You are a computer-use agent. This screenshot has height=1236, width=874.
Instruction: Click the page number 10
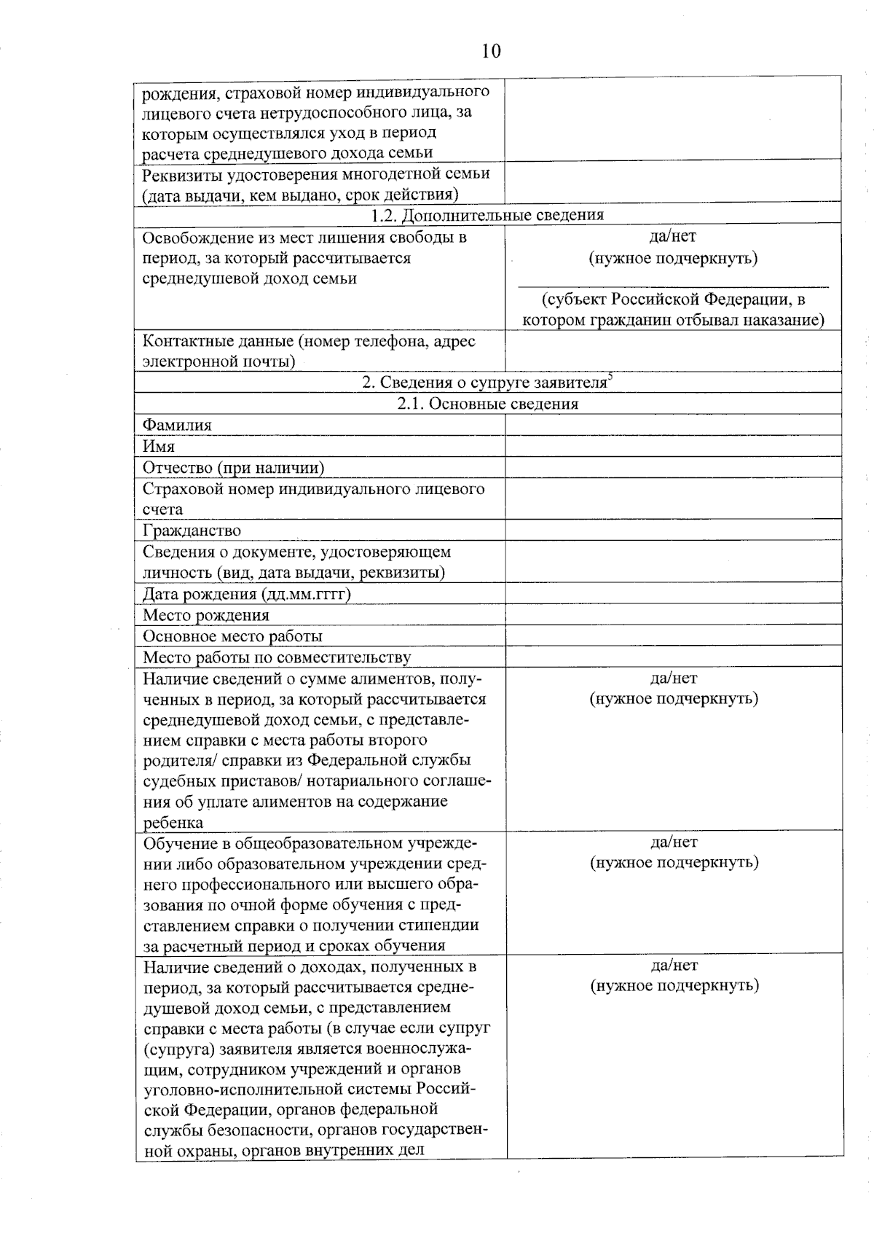[x=491, y=51]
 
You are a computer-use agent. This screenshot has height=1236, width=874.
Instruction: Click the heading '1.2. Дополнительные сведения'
[x=487, y=215]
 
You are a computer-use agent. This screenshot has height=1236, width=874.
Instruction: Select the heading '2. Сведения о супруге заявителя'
[x=485, y=382]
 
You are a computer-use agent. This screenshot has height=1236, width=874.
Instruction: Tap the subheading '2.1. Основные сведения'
[x=487, y=404]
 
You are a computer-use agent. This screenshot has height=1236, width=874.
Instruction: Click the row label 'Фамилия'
[x=177, y=425]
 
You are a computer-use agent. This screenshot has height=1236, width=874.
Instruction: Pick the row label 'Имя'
[x=159, y=446]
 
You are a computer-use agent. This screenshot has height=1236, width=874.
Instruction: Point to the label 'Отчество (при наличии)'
[x=233, y=467]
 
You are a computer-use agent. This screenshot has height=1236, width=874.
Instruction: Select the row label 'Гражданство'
[x=192, y=530]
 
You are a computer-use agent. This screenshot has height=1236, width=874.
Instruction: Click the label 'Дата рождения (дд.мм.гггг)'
[x=247, y=593]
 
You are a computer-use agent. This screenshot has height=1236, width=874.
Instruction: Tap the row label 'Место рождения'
[x=206, y=614]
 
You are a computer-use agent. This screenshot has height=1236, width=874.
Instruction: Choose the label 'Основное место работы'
[x=232, y=635]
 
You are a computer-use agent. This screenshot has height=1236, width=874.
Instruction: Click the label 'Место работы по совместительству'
[x=277, y=657]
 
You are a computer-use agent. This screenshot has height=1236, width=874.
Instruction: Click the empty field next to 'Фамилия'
[x=673, y=425]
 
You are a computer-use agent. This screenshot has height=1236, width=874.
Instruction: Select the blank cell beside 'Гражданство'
[x=673, y=530]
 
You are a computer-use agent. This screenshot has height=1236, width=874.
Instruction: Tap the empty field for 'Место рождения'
[x=673, y=614]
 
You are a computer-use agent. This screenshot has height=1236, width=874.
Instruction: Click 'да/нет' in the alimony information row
[x=674, y=678]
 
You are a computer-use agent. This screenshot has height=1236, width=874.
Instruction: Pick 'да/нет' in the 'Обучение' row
[x=674, y=842]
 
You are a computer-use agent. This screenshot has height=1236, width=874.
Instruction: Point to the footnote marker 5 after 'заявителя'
[x=610, y=377]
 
